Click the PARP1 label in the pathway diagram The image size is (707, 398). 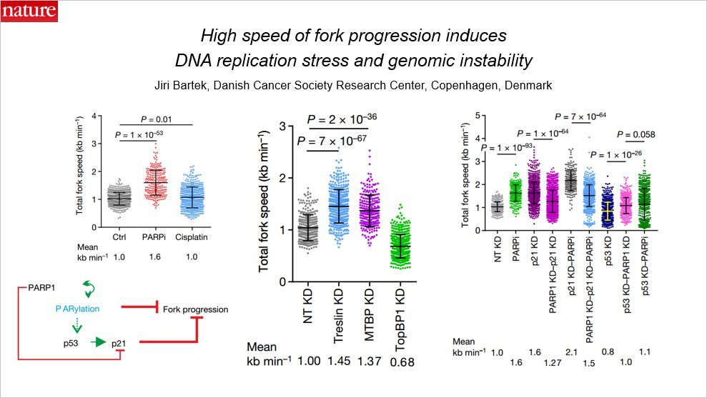(42, 287)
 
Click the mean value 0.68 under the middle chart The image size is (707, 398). (402, 362)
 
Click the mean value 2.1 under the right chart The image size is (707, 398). (570, 352)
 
